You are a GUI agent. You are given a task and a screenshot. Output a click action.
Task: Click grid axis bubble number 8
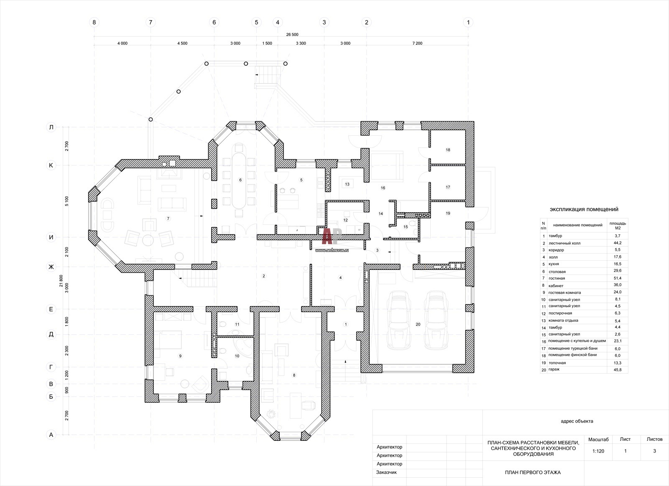(94, 22)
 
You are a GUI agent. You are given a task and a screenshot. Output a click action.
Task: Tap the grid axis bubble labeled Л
(51, 127)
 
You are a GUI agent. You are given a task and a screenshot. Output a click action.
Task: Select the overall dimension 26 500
(292, 35)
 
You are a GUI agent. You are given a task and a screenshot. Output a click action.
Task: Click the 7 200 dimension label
(417, 43)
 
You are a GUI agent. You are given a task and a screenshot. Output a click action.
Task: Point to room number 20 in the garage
(418, 324)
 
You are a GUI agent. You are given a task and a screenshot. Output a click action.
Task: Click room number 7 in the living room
(168, 219)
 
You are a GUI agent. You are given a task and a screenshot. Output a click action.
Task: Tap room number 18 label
(448, 150)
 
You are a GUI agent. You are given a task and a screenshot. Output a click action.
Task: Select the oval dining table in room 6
(239, 181)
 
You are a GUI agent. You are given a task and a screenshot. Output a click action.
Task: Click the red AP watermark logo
(332, 236)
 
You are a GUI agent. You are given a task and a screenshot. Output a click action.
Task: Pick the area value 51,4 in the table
(617, 278)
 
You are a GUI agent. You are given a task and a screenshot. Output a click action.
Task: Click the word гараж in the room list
(554, 369)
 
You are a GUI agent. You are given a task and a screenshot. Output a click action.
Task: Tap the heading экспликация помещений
(584, 209)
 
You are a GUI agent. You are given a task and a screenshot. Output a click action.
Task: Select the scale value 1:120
(598, 451)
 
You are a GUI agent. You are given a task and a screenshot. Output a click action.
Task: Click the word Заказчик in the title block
(386, 472)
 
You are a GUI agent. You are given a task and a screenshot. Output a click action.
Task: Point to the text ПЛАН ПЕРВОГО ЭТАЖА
(533, 472)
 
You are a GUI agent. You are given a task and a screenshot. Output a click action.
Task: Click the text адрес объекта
(577, 421)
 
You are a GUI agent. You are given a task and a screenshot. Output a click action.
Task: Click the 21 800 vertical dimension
(61, 281)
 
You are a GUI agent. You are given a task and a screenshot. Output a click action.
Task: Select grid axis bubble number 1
(468, 22)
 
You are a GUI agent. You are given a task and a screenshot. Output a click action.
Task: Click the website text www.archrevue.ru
(332, 250)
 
